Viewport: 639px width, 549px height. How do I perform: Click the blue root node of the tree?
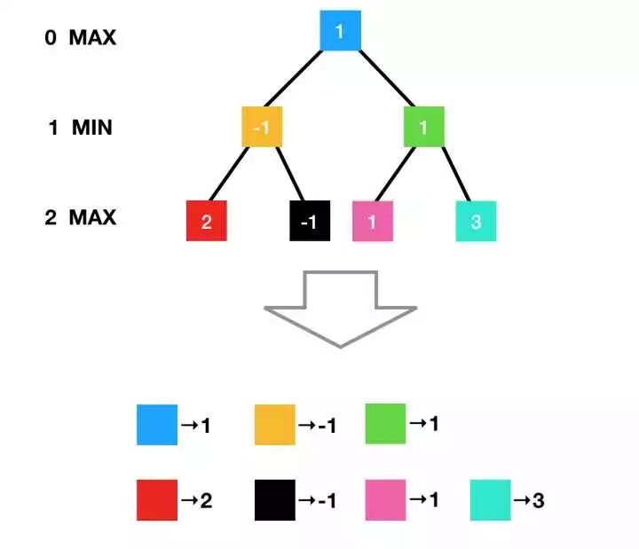[340, 31]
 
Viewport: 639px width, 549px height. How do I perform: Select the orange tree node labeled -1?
[262, 127]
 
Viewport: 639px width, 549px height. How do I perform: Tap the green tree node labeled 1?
[424, 127]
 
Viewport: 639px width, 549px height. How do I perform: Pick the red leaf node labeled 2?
[207, 221]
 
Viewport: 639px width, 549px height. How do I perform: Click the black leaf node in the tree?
[310, 221]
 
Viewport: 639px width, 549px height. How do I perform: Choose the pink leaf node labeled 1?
[373, 221]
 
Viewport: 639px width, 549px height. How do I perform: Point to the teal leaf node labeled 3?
[476, 221]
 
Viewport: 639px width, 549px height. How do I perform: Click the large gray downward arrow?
[341, 310]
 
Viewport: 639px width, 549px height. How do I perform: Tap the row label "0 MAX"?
[81, 38]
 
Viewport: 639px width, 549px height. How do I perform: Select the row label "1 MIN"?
[80, 128]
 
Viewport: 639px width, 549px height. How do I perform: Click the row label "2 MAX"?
[81, 217]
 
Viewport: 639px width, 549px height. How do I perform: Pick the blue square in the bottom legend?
[157, 424]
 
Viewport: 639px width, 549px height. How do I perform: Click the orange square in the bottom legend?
[274, 424]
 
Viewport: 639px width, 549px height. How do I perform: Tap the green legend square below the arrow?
[385, 423]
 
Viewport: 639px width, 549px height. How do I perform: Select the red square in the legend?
[157, 499]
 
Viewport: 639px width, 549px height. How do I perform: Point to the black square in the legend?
[274, 499]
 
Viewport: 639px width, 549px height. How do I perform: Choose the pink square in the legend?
[385, 499]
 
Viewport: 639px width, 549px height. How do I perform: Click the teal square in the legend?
[491, 499]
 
